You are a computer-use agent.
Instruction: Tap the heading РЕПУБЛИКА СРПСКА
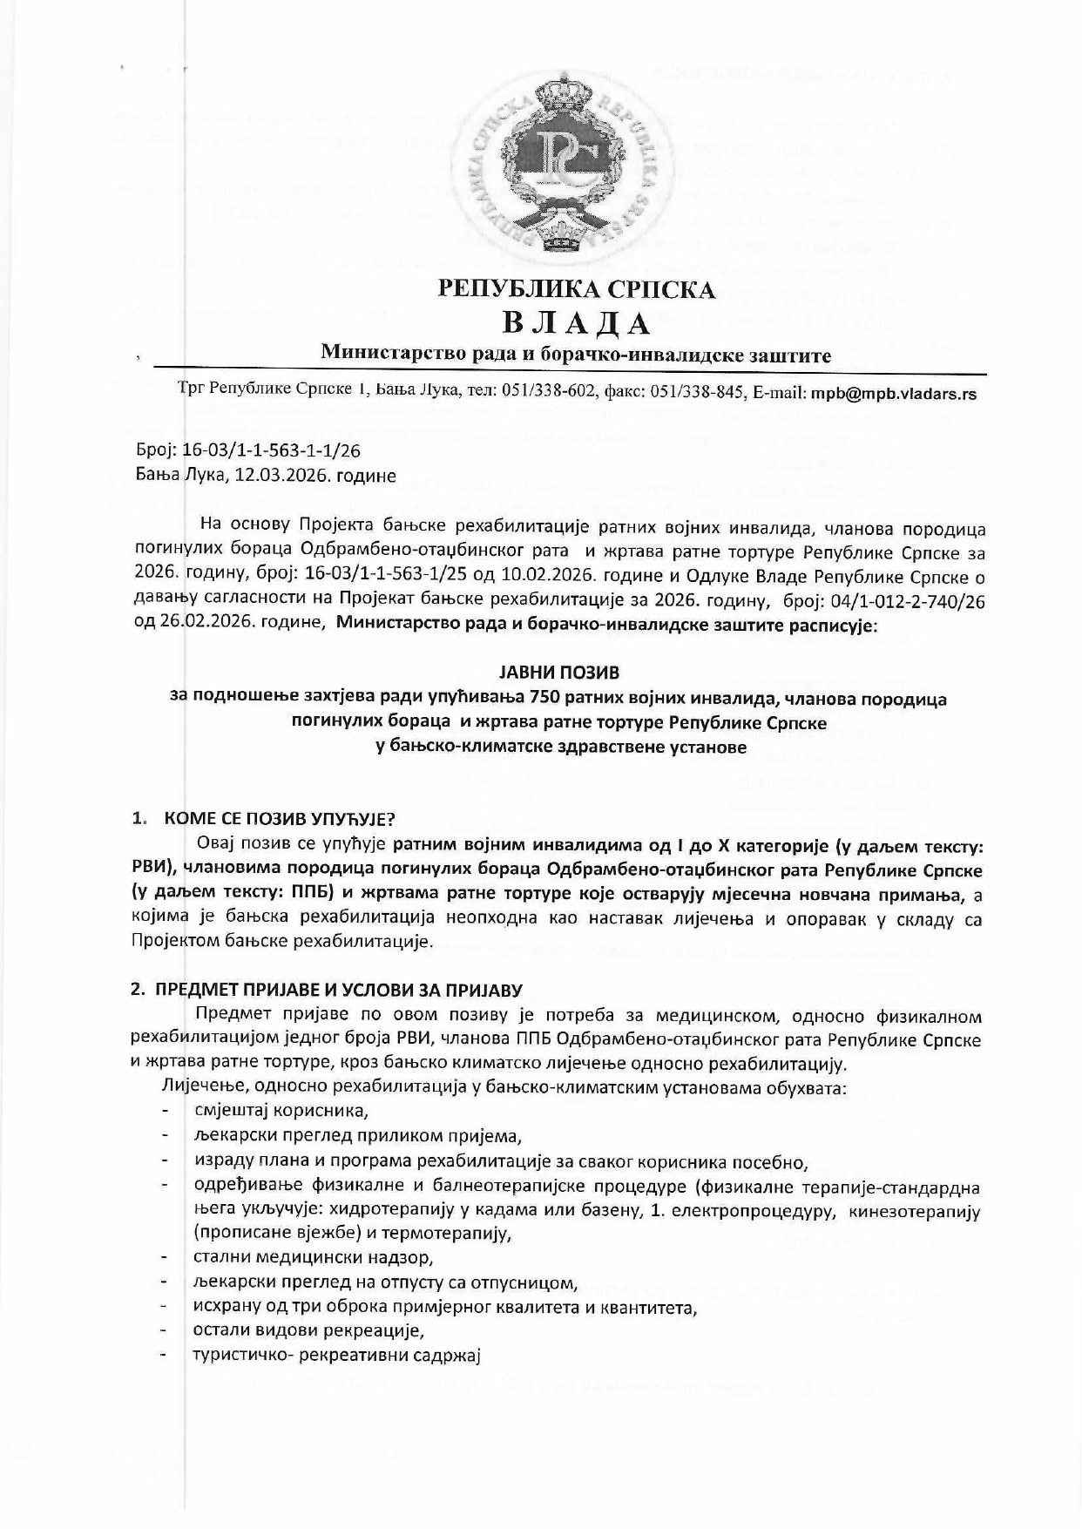pos(576,288)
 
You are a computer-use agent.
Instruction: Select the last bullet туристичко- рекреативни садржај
pos(337,1356)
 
